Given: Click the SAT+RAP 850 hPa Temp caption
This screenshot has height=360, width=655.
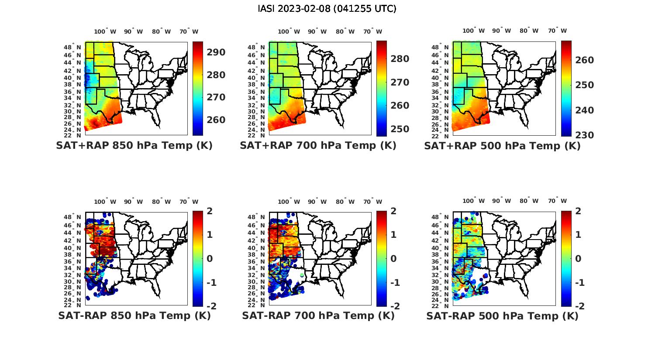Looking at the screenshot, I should click(134, 146).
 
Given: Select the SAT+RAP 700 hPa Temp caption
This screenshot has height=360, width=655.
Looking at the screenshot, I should click(318, 146).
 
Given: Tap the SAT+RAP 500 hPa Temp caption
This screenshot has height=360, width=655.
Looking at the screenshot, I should click(502, 146).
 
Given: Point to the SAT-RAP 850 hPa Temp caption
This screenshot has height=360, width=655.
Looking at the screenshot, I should click(134, 316).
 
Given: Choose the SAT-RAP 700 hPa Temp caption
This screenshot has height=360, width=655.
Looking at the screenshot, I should click(318, 316).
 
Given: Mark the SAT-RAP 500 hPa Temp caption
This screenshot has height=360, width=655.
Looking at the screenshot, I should click(502, 316).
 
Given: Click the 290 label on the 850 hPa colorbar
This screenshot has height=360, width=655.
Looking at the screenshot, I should click(216, 52).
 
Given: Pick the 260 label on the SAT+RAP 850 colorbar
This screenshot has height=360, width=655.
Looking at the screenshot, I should click(216, 120).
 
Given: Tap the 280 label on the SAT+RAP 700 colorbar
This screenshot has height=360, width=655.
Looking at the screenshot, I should click(400, 59).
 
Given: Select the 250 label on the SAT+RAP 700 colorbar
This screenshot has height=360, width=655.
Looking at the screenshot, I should click(400, 129).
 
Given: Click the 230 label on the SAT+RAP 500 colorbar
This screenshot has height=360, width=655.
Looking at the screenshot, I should click(584, 135).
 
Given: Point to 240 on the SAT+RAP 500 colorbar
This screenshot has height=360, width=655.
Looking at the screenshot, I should click(584, 110).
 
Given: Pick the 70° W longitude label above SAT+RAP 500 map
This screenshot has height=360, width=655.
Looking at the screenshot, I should click(557, 31).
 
